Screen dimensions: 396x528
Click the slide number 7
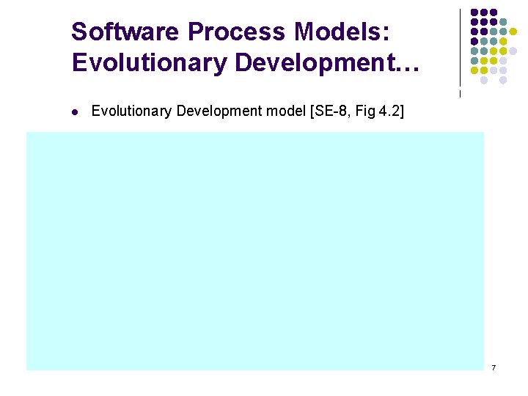(494, 367)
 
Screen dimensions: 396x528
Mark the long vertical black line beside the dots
(460, 48)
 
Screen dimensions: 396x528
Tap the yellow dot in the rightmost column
(513, 32)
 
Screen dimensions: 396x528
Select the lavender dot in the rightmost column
(513, 51)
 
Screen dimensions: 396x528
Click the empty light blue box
(255, 251)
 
